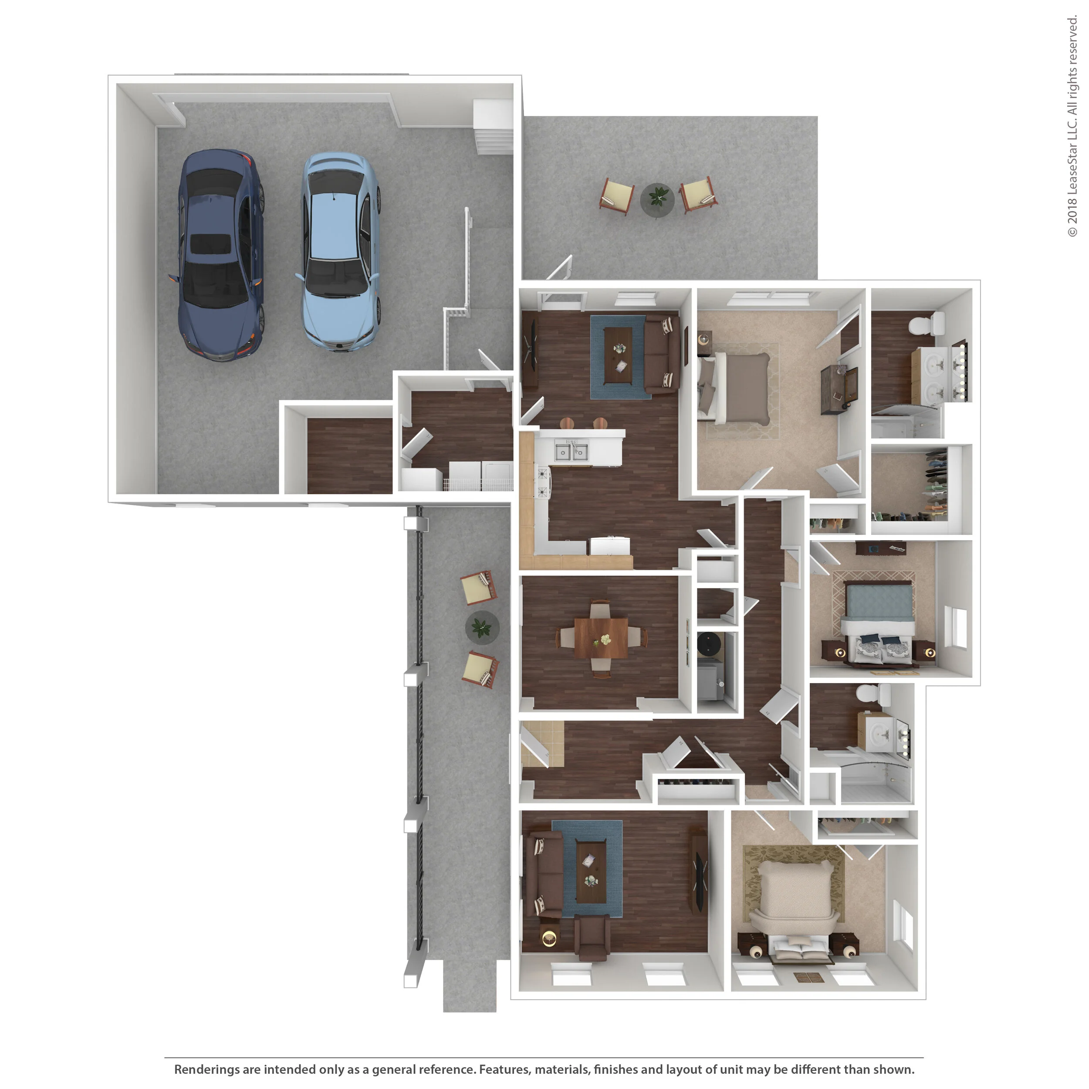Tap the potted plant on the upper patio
point(657,199)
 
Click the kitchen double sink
point(572,451)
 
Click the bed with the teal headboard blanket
point(878,623)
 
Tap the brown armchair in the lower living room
point(592,937)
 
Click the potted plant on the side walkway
point(482,627)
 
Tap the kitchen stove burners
point(543,483)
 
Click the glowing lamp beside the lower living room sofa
point(548,938)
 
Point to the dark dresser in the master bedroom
point(839,389)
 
